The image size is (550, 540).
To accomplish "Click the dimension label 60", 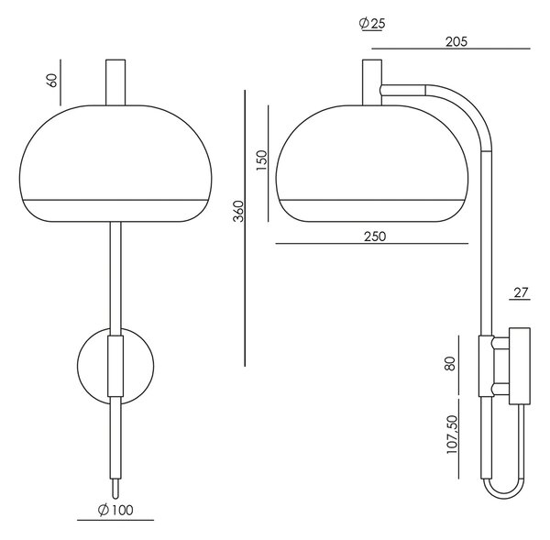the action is [x=52, y=81].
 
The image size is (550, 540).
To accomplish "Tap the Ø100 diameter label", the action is [x=115, y=510].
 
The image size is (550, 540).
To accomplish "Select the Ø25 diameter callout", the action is [x=372, y=24].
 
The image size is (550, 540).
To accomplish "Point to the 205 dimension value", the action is [x=456, y=42].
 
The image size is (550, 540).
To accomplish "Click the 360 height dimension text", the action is [x=238, y=211].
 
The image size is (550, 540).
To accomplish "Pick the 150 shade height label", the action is [x=261, y=160].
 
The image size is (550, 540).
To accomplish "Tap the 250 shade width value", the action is [x=375, y=237].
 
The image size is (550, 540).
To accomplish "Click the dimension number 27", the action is [x=521, y=292].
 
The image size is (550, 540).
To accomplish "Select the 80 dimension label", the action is [x=450, y=363].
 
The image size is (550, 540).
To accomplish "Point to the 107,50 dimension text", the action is [x=452, y=435].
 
